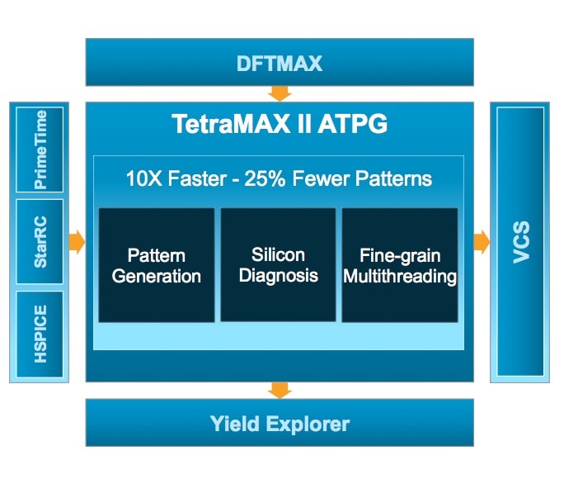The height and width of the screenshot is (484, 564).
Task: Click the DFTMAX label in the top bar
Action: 280,64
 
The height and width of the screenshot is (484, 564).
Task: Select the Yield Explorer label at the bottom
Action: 280,424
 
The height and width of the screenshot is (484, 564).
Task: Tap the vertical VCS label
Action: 521,242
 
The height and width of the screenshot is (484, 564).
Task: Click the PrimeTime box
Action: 40,149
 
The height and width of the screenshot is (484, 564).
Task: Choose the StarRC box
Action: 40,241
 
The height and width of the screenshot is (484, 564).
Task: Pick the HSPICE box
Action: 40,334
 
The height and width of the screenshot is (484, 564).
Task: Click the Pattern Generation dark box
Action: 157,265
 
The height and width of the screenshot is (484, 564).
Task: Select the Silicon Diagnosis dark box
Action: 278,265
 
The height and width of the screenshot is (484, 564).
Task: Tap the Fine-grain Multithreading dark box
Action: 400,265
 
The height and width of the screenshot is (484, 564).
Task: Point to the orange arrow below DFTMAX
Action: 280,93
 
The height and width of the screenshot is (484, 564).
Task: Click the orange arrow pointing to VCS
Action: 482,241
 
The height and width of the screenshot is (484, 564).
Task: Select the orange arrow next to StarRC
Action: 77,241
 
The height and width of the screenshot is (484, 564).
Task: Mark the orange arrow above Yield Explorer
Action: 280,391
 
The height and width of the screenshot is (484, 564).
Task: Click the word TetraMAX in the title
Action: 231,124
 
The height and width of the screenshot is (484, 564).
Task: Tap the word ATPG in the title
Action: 352,124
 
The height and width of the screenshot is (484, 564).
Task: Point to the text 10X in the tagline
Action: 144,178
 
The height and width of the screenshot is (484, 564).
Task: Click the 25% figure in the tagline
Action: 265,178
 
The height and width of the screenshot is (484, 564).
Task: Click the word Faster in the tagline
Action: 197,178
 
